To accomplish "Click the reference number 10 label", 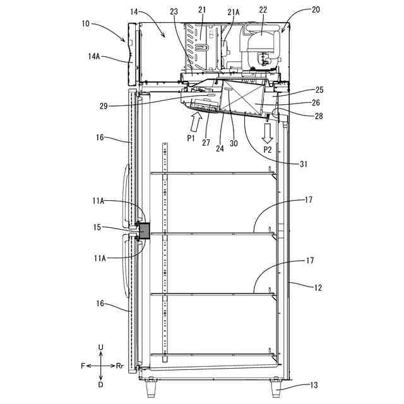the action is pyautogui.click(x=86, y=23).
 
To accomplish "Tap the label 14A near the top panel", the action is pyautogui.click(x=94, y=56).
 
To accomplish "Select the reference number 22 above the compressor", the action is pyautogui.click(x=263, y=9).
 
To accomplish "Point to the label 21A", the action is pyautogui.click(x=234, y=12).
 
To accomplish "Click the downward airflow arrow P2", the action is pyautogui.click(x=268, y=133).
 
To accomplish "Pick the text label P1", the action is pyautogui.click(x=191, y=139).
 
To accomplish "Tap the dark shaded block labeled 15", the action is pyautogui.click(x=144, y=231).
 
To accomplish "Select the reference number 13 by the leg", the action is pyautogui.click(x=314, y=385).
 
